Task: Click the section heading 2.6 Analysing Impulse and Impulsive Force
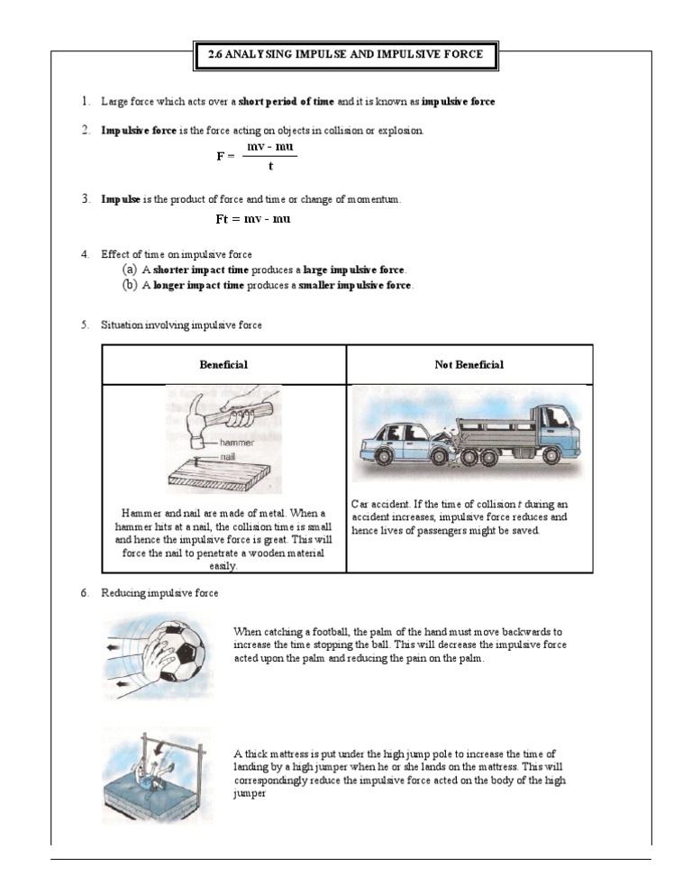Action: (x=346, y=54)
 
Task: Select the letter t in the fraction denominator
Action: (x=270, y=165)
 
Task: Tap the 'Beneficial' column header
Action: (x=223, y=365)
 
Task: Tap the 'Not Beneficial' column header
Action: (x=469, y=365)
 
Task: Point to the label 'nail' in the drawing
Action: (x=229, y=457)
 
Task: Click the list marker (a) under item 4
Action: (x=130, y=270)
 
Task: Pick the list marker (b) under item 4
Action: (x=130, y=285)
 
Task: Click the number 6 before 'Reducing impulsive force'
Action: (x=84, y=593)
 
